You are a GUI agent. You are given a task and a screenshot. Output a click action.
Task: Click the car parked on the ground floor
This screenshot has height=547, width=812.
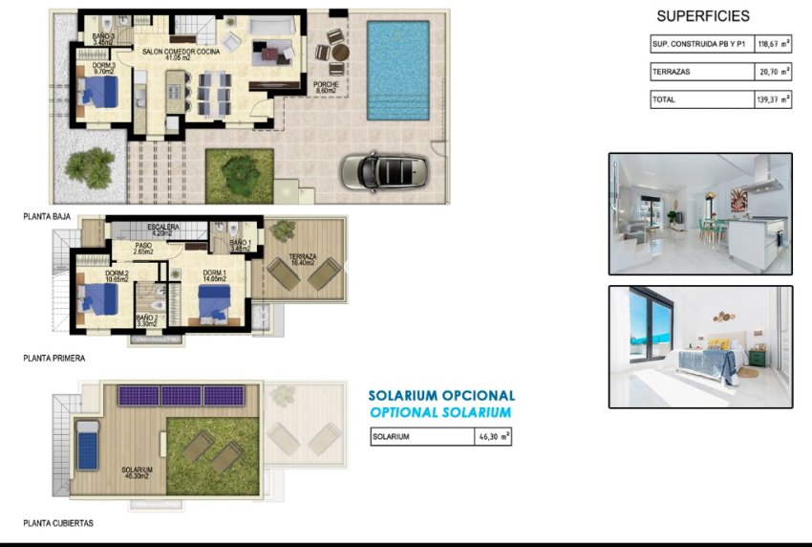click(x=388, y=171)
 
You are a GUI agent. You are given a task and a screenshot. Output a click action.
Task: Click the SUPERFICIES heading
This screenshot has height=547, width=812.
click(x=703, y=16)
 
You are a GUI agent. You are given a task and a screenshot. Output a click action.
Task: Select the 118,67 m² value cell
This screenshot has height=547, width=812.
click(x=774, y=44)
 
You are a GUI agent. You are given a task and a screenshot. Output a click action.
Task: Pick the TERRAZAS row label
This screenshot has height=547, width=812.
click(x=671, y=72)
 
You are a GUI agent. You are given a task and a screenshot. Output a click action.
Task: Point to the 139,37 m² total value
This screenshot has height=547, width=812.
click(x=774, y=98)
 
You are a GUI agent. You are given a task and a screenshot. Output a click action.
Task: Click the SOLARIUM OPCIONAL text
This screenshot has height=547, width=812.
click(x=441, y=395)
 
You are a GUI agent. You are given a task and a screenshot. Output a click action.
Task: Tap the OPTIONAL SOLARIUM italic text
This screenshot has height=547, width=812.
click(x=440, y=412)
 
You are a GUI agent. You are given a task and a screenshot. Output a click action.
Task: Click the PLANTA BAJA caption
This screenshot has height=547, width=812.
click(x=47, y=217)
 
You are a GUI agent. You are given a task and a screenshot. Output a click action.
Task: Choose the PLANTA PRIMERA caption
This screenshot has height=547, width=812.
click(x=54, y=359)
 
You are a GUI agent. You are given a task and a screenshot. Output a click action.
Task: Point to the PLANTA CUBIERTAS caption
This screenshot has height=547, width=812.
click(x=58, y=524)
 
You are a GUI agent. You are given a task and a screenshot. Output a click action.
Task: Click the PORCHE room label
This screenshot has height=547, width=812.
click(x=326, y=84)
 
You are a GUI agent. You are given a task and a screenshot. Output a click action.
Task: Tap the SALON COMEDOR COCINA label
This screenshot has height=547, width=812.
click(x=181, y=52)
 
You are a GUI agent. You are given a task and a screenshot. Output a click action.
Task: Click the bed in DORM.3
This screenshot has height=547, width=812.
click(x=98, y=93)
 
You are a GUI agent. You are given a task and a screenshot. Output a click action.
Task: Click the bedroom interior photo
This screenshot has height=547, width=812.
click(x=700, y=347)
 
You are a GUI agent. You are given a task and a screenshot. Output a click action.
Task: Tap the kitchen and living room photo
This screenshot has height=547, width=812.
click(x=700, y=213)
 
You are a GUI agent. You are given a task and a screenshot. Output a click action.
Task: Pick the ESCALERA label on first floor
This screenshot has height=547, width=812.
click(x=163, y=228)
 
